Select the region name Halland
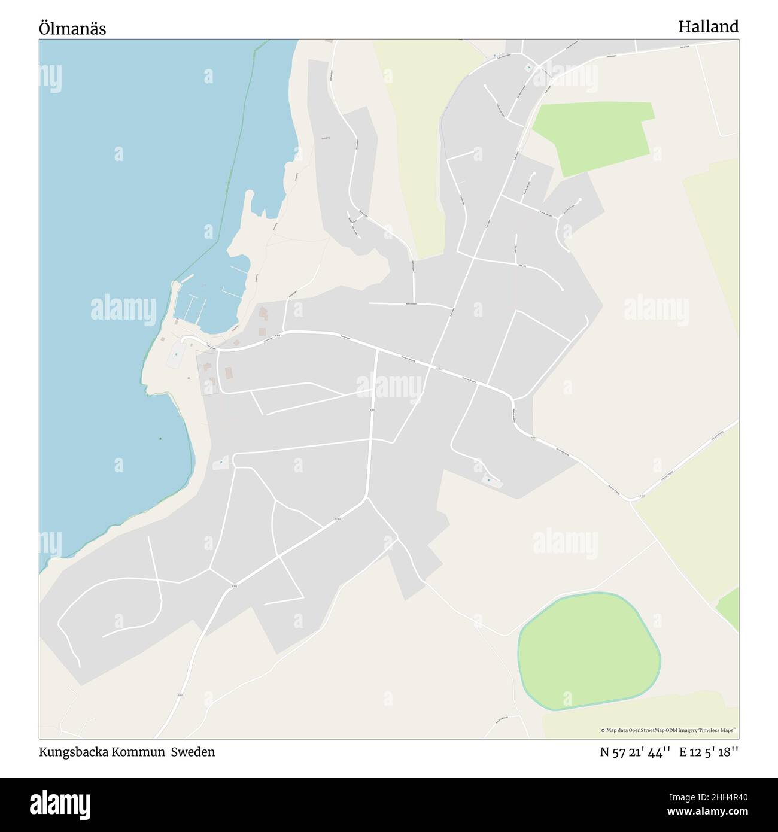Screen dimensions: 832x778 tap(708, 26)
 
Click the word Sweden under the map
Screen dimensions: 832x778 tap(193, 752)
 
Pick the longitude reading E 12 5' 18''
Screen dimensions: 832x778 tap(709, 752)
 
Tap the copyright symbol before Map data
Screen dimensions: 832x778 tap(603, 730)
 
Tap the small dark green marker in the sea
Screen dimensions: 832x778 tap(160, 439)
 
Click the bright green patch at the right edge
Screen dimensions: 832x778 tap(729, 608)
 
